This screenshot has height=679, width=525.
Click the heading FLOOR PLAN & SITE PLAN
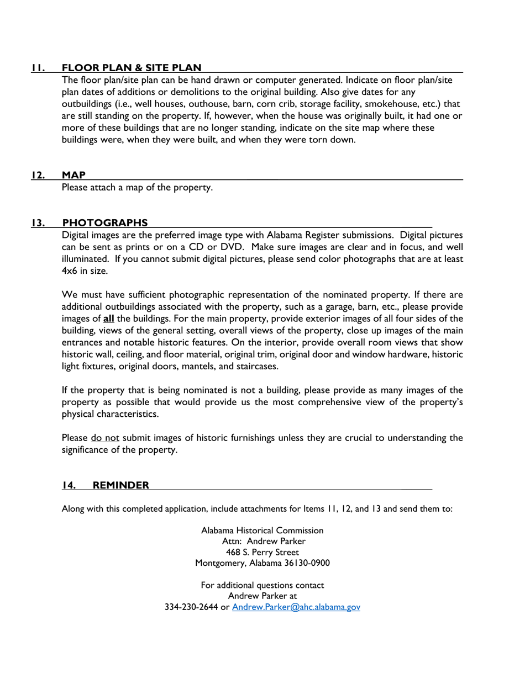(x=131, y=68)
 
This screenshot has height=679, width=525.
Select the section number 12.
(x=38, y=175)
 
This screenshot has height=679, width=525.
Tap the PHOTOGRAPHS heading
(x=104, y=223)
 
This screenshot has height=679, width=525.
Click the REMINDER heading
(x=120, y=485)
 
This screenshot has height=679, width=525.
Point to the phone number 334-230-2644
(x=192, y=607)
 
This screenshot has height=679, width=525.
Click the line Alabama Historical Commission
(x=262, y=530)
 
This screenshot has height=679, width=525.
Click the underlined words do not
(x=105, y=439)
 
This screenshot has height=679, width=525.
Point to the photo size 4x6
(x=70, y=271)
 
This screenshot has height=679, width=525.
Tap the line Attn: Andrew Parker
(x=262, y=541)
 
